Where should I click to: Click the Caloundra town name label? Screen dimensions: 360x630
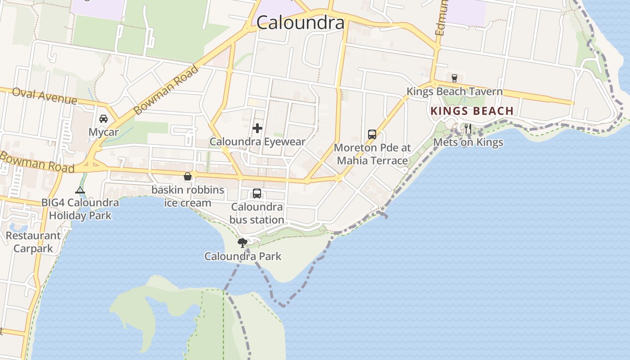[x=300, y=22]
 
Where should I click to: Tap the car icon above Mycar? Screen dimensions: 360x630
[x=103, y=119]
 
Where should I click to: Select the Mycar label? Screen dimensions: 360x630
[x=103, y=132]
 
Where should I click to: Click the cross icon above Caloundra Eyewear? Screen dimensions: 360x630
[x=257, y=129]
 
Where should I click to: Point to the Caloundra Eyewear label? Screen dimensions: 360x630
[x=257, y=142]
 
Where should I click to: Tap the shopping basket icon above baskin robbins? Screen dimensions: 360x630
[x=188, y=176]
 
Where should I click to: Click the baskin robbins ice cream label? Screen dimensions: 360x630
[x=188, y=196]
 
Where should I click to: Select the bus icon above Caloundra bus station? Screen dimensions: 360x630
[x=257, y=194]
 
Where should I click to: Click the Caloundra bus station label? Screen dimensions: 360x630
[x=257, y=213]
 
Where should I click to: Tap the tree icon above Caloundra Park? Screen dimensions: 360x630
[x=243, y=243]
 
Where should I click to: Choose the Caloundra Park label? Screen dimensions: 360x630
[x=243, y=256]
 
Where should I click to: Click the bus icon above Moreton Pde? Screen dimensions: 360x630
[x=372, y=135]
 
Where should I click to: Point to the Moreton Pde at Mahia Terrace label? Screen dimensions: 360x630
[x=372, y=154]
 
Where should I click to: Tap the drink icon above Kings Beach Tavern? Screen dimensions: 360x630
[x=454, y=78]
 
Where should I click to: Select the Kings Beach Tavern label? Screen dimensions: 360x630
[x=454, y=91]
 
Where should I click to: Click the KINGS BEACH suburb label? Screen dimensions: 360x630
[x=472, y=111]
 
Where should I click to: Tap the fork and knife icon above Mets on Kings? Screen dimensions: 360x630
[x=468, y=129]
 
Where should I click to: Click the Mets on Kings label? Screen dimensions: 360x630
[x=468, y=143]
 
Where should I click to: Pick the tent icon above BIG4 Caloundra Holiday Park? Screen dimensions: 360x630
[x=80, y=190]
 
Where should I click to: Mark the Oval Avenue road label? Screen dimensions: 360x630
[x=45, y=95]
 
